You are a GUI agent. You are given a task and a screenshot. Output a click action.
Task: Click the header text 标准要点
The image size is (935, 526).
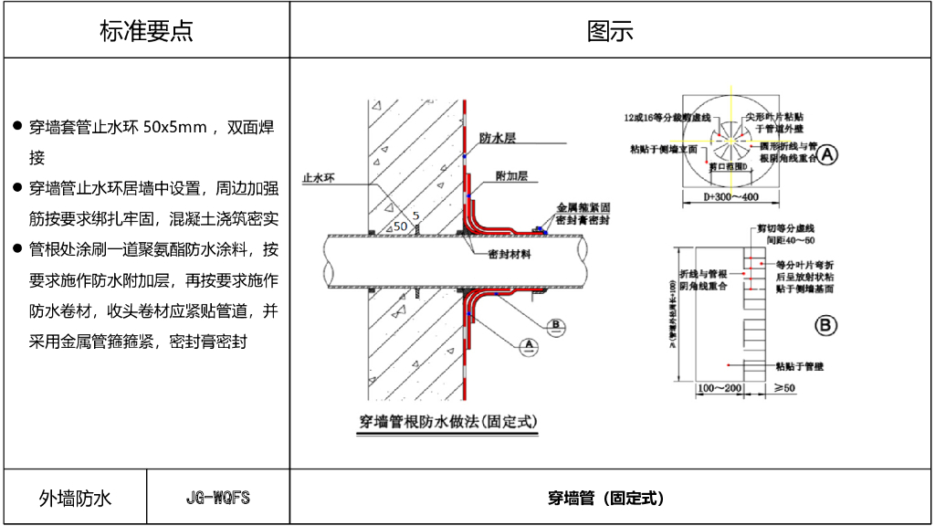(x=146, y=30)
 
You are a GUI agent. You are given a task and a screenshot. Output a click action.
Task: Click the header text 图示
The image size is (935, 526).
(x=610, y=30)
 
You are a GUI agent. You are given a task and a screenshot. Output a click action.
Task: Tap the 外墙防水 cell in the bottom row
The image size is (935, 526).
(x=75, y=498)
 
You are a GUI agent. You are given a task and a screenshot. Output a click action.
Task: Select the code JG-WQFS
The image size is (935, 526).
(x=217, y=498)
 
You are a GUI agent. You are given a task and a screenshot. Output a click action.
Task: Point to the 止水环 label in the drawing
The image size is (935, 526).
(x=319, y=179)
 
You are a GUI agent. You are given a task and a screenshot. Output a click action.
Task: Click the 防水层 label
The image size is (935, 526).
(x=499, y=138)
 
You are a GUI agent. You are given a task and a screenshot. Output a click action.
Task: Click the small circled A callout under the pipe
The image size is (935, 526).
(x=528, y=343)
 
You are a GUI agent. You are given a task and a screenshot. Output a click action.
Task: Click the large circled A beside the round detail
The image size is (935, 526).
(x=826, y=155)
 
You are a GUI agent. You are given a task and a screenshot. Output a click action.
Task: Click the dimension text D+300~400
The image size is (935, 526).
(x=730, y=196)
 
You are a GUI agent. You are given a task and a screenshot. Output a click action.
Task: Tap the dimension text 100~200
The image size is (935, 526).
(x=719, y=389)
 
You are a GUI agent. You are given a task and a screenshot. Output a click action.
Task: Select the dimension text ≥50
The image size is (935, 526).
(x=784, y=389)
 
